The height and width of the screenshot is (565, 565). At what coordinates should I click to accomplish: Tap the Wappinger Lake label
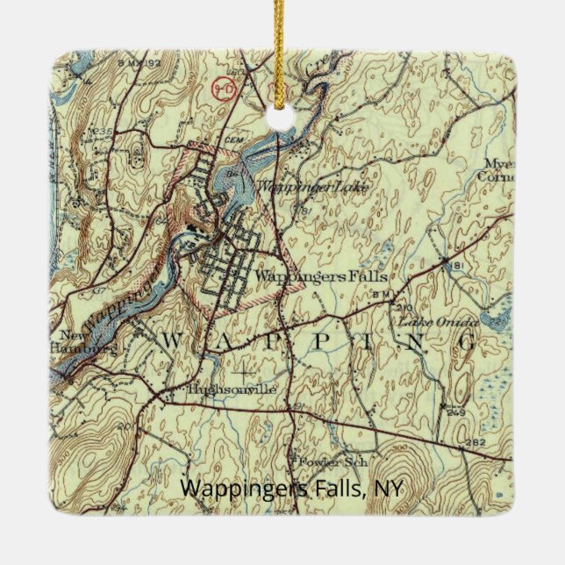[x=299, y=186]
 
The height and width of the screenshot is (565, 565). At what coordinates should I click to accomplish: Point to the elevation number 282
[x=476, y=442]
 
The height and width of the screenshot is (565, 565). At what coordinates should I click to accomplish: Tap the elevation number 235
[x=105, y=132]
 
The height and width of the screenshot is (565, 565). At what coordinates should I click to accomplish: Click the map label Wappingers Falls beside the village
[x=320, y=276]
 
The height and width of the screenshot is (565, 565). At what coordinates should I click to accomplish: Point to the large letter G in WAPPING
[x=468, y=340]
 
